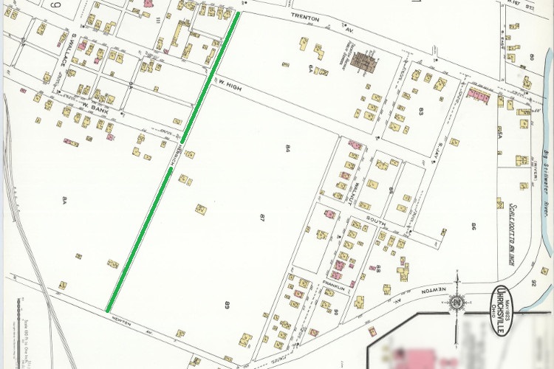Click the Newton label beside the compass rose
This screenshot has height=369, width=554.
[x=434, y=292]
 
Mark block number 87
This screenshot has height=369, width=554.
[x=261, y=218]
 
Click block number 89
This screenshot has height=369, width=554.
[x=227, y=303]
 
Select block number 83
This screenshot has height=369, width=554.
[x=420, y=111]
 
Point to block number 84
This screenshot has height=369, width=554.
[x=286, y=149]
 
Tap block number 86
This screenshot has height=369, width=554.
[x=468, y=224]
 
